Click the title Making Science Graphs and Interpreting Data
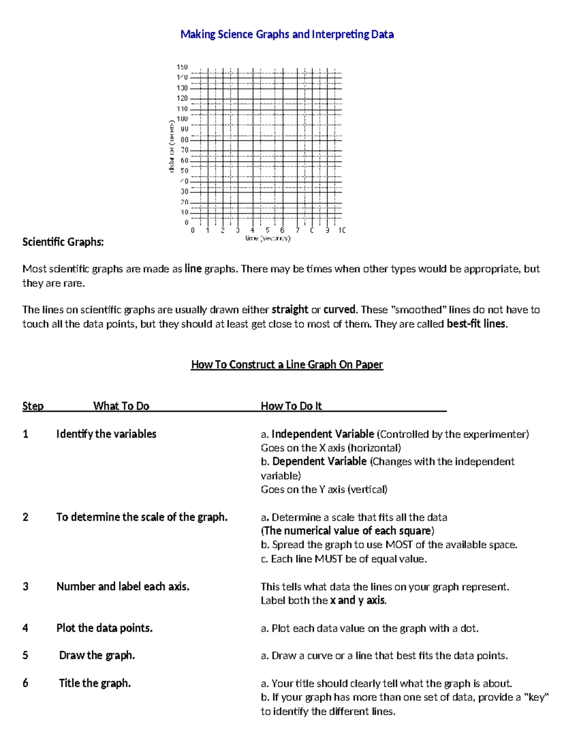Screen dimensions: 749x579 pyautogui.click(x=287, y=34)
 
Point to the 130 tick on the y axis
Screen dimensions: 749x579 pyautogui.click(x=182, y=88)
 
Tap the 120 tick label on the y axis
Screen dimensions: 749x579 pyautogui.click(x=182, y=98)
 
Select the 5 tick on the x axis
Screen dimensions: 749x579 pyautogui.click(x=267, y=231)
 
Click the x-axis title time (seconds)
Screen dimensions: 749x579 pyautogui.click(x=268, y=238)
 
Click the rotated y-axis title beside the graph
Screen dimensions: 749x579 pyautogui.click(x=171, y=147)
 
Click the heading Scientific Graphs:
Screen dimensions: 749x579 pyautogui.click(x=63, y=242)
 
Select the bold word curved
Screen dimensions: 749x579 pyautogui.click(x=340, y=310)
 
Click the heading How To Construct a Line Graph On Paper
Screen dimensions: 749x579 pyautogui.click(x=287, y=365)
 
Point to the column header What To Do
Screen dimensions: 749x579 pyautogui.click(x=121, y=406)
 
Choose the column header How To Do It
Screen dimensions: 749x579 pyautogui.click(x=291, y=406)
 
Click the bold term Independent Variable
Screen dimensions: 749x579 pyautogui.click(x=323, y=434)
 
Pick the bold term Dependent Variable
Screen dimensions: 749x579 pyautogui.click(x=319, y=462)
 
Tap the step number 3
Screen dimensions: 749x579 pyautogui.click(x=26, y=586)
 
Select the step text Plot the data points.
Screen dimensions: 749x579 pyautogui.click(x=104, y=628)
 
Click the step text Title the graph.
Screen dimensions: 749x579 pyautogui.click(x=95, y=683)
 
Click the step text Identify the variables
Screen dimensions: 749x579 pyautogui.click(x=106, y=434)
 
